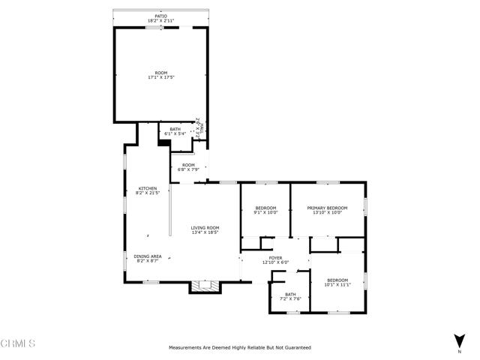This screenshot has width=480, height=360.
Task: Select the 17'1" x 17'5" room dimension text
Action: (161, 77)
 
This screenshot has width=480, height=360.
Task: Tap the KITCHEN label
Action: (147, 187)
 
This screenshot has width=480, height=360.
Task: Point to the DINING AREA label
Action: (147, 256)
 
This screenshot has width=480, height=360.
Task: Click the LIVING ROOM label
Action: (204, 227)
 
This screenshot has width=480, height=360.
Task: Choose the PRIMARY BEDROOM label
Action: (327, 208)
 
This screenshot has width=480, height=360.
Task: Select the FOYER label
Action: (275, 257)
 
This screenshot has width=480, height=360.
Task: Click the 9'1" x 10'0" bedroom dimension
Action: (265, 212)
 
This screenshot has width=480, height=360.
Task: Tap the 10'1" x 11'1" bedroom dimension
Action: (337, 284)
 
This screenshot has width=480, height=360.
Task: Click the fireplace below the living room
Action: (204, 286)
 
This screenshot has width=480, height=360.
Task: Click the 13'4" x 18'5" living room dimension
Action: (204, 232)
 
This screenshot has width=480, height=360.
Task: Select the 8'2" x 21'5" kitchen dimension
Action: (147, 193)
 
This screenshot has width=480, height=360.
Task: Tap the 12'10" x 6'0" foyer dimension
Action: (275, 262)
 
